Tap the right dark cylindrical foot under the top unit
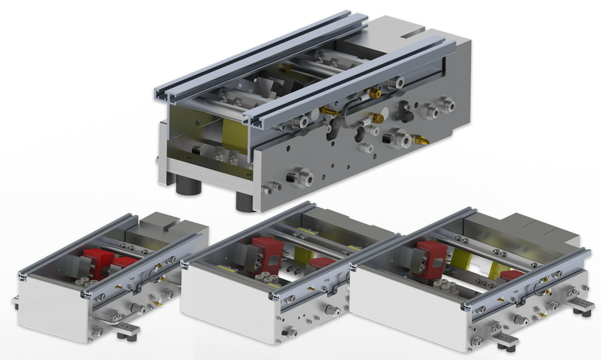(244, 201)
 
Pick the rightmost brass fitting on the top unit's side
(422, 139)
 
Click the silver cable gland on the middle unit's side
(334, 309)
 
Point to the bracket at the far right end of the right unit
(582, 308)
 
